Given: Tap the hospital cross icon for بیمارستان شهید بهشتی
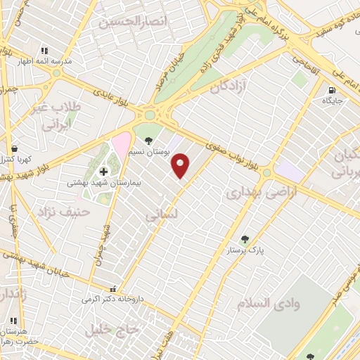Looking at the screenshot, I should click(104, 171).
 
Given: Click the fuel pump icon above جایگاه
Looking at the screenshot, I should click(331, 90).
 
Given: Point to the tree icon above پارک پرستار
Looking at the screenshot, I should click(245, 239).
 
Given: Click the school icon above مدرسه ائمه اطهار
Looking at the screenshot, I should click(44, 51).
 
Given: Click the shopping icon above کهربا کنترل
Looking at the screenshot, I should click(14, 149).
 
